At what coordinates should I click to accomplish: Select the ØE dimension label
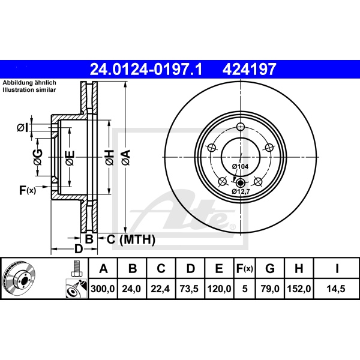(x=70, y=158)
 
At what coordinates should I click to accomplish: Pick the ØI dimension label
(x=22, y=127)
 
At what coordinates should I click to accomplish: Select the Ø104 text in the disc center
(x=240, y=166)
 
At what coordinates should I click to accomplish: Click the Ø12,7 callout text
(x=241, y=191)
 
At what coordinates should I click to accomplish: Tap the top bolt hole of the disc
(x=241, y=127)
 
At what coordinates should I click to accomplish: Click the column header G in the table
(x=271, y=268)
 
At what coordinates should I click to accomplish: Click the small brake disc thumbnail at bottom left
(x=19, y=278)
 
